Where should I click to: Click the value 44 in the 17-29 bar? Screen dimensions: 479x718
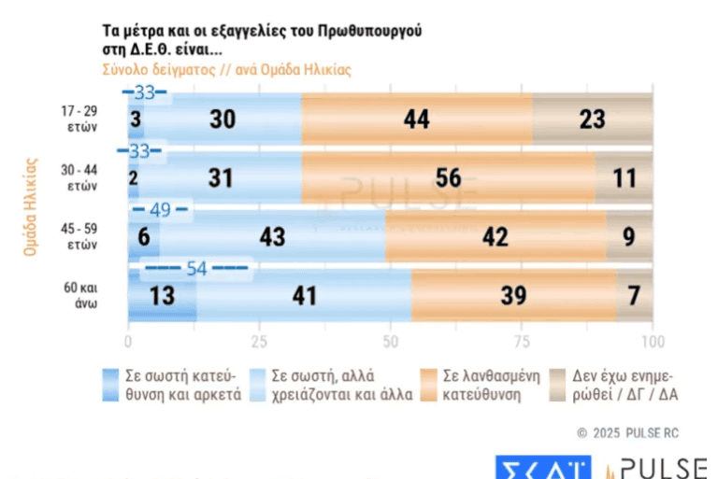point(416,119)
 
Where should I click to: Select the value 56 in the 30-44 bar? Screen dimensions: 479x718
point(449,177)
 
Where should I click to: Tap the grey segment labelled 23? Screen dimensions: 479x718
point(593,119)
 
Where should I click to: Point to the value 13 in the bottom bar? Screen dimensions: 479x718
point(162,297)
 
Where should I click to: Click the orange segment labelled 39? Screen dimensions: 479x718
point(513,297)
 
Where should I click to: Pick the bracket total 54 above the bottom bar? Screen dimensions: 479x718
point(196,270)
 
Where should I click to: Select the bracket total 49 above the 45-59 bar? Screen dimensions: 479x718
point(160,209)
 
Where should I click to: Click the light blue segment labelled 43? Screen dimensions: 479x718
point(272,237)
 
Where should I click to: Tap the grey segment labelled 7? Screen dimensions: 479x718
point(634,297)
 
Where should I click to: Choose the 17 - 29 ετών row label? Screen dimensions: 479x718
point(79,119)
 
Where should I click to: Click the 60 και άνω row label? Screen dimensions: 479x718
point(79,296)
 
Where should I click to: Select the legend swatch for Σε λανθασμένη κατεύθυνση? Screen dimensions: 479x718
point(430,385)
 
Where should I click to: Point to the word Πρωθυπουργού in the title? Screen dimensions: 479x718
point(370,30)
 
